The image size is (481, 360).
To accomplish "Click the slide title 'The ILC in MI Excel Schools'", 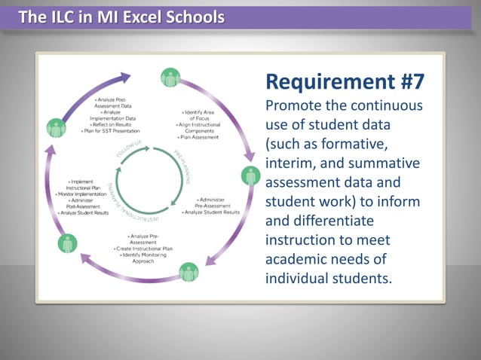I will (x=121, y=17).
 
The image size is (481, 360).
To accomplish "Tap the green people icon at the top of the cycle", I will (x=171, y=77).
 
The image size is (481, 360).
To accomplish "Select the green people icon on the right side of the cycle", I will (x=250, y=177).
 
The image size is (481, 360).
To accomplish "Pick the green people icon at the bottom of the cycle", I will (x=188, y=272).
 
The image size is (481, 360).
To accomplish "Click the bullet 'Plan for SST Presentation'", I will (x=110, y=131).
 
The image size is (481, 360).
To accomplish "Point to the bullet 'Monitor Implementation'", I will (x=85, y=194).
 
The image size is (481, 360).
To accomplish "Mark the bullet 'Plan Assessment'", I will (x=198, y=138).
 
